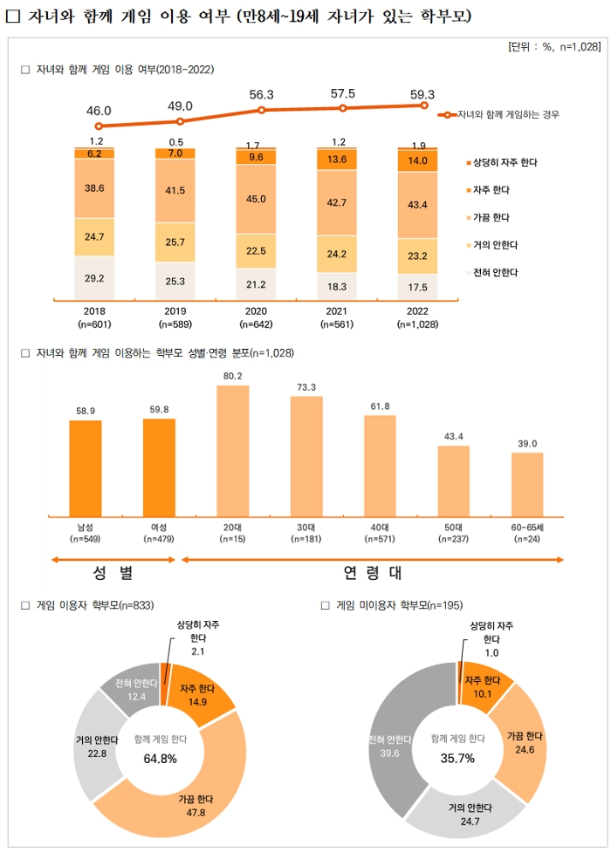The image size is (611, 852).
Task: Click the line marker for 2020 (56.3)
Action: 261,110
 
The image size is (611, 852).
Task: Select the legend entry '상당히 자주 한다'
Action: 505,163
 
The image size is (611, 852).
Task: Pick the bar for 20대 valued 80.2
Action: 233,451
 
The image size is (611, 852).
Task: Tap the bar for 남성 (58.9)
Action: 86,468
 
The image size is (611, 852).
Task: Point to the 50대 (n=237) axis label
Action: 453,533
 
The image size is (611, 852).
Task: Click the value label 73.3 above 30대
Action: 306,386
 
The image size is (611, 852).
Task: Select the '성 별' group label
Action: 113,573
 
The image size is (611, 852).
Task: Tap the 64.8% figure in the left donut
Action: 160,758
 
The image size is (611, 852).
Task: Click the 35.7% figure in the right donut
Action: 458,758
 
